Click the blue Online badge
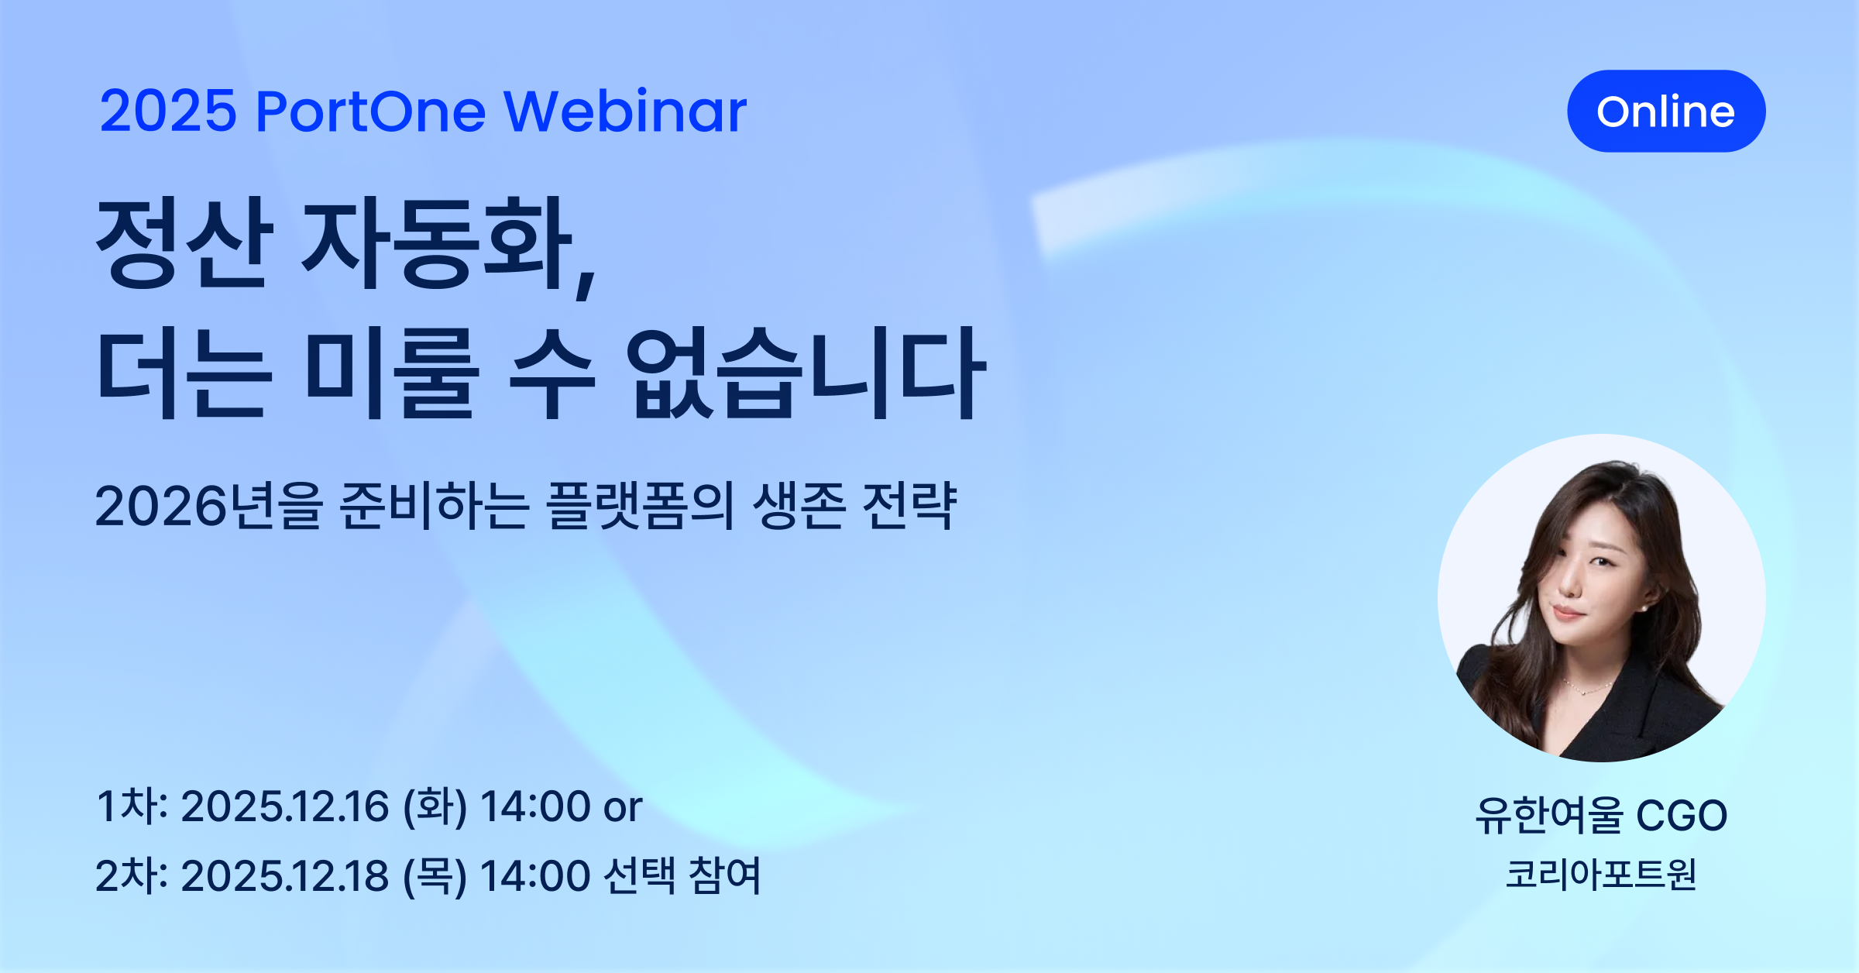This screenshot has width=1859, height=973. coord(1666,112)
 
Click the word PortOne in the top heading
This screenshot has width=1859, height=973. coord(370,112)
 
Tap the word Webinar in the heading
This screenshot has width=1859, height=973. coord(625,112)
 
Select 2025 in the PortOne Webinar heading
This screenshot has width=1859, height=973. coord(167,112)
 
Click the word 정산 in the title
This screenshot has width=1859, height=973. coord(184,244)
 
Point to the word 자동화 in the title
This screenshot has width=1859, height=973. coord(438,244)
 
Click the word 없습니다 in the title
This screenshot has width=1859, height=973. coord(806,373)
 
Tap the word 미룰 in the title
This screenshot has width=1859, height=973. coord(391,373)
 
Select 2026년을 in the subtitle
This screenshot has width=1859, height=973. coord(208,506)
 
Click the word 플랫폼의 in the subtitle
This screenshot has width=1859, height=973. coord(640,506)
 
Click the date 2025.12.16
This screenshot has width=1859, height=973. coord(284,806)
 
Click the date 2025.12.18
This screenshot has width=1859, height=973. coord(284,876)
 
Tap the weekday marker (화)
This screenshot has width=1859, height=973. coord(435,806)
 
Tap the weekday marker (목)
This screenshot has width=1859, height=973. coord(435,876)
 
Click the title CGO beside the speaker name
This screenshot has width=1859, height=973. coord(1681,816)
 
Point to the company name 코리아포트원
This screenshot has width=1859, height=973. coord(1600,875)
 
